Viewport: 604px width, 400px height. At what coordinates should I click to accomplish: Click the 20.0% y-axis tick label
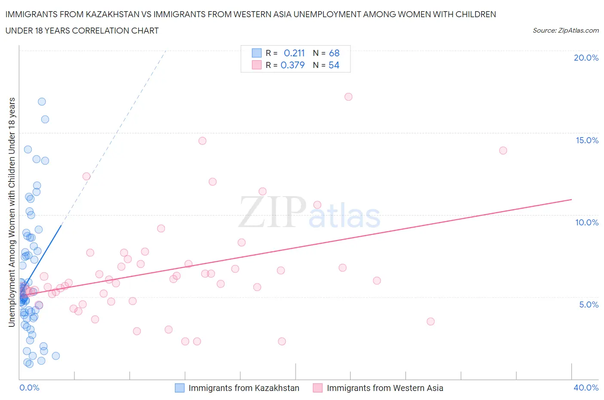tap(586, 58)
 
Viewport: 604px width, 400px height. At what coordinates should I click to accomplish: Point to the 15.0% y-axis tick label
tap(587, 140)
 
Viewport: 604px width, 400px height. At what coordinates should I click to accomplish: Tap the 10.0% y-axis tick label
tap(587, 222)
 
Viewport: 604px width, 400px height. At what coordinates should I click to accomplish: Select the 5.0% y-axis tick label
tap(589, 305)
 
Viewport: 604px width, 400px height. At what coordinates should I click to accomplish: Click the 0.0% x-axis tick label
tap(29, 388)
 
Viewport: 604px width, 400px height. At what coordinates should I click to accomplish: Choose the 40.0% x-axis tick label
tap(586, 388)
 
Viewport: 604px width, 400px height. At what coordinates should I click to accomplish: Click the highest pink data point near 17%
tap(348, 97)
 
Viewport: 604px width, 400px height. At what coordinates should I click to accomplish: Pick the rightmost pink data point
tap(503, 151)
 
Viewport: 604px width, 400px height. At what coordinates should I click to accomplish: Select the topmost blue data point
tap(42, 102)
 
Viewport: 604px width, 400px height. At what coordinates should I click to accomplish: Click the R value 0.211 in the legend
tap(294, 53)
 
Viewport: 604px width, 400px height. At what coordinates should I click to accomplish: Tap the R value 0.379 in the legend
tap(293, 65)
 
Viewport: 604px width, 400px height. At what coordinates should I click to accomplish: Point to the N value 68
tap(334, 53)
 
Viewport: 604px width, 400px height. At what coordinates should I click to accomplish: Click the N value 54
tap(334, 65)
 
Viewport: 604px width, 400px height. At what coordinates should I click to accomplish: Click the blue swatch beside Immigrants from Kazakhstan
tap(180, 388)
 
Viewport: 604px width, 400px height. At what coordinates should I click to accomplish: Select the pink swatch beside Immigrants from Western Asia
tap(317, 388)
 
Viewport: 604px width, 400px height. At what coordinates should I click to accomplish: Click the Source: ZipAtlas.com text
tap(565, 30)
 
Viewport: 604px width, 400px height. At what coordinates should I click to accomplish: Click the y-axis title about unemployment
tap(12, 212)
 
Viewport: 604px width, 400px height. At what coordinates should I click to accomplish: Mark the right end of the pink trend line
tap(571, 200)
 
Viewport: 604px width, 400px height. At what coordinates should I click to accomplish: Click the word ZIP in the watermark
tap(271, 212)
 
